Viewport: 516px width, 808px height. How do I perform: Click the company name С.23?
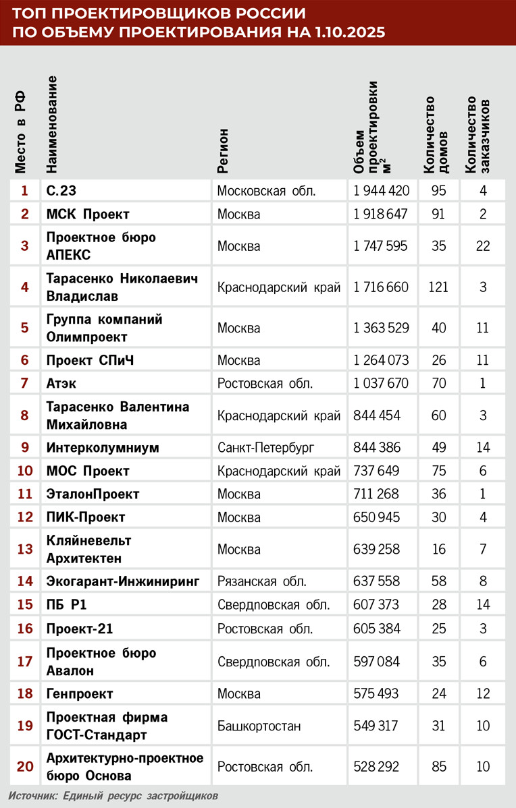point(66,191)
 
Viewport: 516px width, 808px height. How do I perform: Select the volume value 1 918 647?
point(382,214)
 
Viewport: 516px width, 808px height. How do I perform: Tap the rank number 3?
point(25,246)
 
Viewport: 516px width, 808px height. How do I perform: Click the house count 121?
point(439,287)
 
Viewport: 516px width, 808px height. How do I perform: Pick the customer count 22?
point(482,246)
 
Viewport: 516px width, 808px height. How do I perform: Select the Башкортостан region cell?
point(259,726)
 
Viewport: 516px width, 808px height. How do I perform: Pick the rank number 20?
point(25,766)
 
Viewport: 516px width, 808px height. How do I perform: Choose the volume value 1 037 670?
point(382,384)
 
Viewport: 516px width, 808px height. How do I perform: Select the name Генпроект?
point(80,693)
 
